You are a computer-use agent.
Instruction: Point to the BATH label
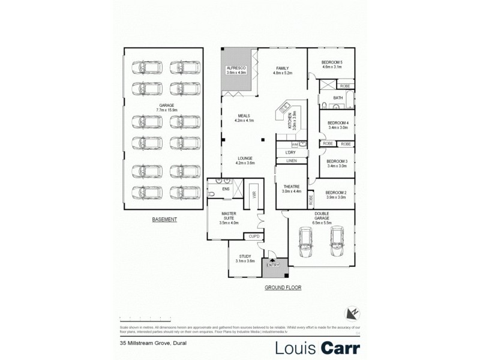[x=338, y=98]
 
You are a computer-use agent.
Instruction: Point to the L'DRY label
[x=291, y=153]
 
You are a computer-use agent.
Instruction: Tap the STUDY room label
[x=245, y=259]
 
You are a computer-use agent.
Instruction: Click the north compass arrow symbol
[x=352, y=313]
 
